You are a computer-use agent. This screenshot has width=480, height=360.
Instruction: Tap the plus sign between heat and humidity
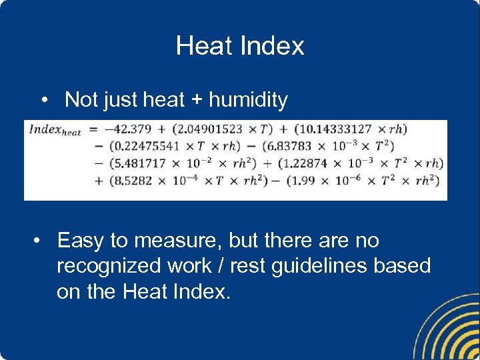pos(197,100)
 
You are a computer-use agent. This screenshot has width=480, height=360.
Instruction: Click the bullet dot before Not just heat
pos(43,101)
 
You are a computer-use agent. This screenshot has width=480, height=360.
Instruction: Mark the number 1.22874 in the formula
pos(308,163)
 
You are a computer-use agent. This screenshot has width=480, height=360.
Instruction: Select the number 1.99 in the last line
pos(306,180)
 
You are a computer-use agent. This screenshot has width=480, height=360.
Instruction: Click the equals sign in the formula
pos(93,129)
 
